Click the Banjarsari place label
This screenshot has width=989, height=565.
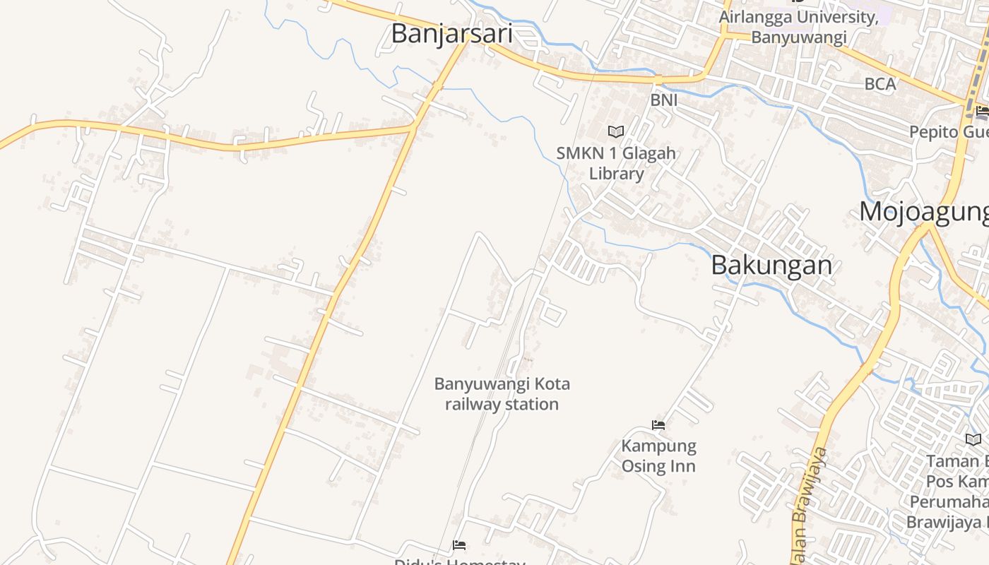(451, 33)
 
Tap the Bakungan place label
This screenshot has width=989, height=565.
(771, 265)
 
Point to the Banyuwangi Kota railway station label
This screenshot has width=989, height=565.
(502, 394)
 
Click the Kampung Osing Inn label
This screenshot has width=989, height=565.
(658, 456)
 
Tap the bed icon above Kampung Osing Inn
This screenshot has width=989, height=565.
(658, 425)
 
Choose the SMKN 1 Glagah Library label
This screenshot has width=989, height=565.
(616, 163)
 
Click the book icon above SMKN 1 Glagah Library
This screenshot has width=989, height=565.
(616, 131)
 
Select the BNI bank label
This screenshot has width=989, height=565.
(664, 100)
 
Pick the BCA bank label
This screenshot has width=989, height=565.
(880, 84)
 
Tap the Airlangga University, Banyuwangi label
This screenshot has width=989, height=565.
(798, 27)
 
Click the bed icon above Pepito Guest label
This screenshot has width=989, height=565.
(982, 111)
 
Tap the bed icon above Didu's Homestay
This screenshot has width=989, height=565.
(459, 545)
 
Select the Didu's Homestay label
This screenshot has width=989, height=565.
(459, 561)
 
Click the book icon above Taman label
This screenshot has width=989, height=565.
(973, 439)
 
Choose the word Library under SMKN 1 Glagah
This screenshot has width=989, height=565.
(617, 174)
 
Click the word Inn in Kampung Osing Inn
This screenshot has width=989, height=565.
(682, 466)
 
